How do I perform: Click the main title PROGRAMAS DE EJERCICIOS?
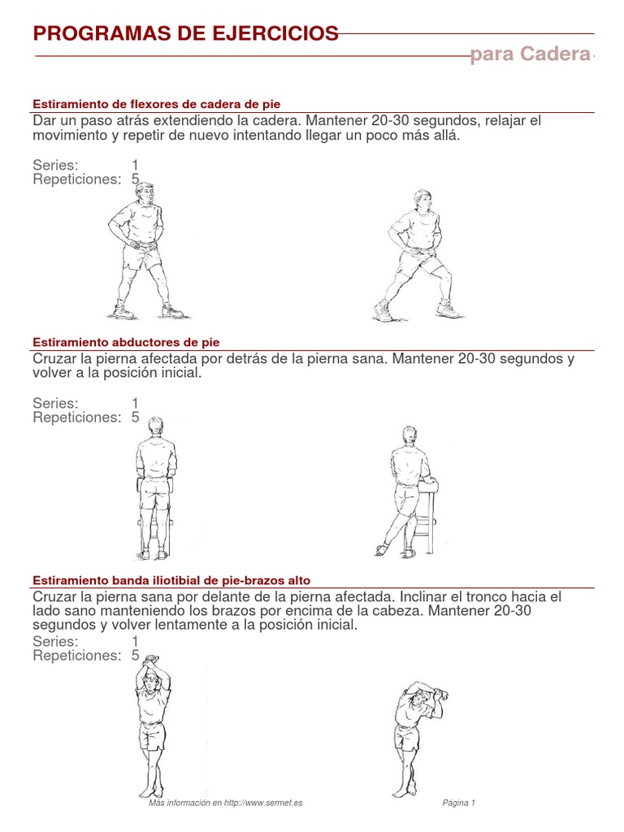click(185, 33)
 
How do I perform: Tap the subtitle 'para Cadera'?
click(530, 54)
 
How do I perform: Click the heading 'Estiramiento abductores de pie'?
click(126, 342)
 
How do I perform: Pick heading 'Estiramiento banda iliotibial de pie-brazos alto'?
click(171, 580)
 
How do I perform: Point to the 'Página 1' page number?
click(458, 803)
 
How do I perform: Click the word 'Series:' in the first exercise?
click(55, 165)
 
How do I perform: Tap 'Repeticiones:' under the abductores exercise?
click(76, 418)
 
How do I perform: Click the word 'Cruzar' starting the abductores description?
click(57, 359)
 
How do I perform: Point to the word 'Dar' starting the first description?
click(45, 121)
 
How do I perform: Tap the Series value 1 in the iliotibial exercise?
click(136, 642)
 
